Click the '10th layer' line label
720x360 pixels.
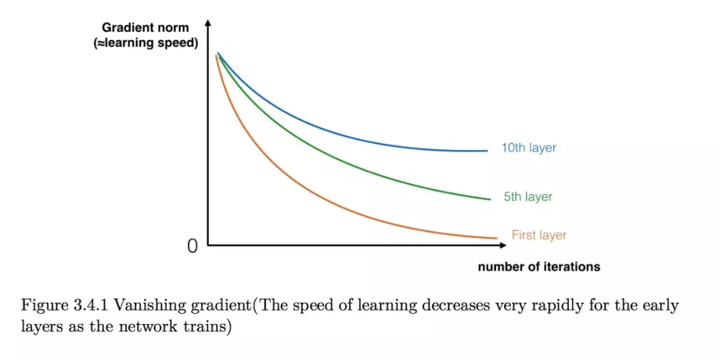tap(529, 148)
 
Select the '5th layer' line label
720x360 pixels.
tap(528, 197)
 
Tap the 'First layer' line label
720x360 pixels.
tap(539, 235)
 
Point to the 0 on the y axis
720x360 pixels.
tap(193, 247)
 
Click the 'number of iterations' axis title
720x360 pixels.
tap(539, 267)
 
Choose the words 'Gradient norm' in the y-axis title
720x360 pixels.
tap(145, 28)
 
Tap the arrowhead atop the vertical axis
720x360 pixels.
tap(208, 24)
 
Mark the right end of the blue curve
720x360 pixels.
tap(487, 151)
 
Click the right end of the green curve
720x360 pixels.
tap(490, 199)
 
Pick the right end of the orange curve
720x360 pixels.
tap(497, 238)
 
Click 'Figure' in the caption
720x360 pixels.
tap(43, 306)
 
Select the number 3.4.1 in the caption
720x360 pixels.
tap(93, 306)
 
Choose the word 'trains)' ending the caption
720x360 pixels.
tap(213, 328)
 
